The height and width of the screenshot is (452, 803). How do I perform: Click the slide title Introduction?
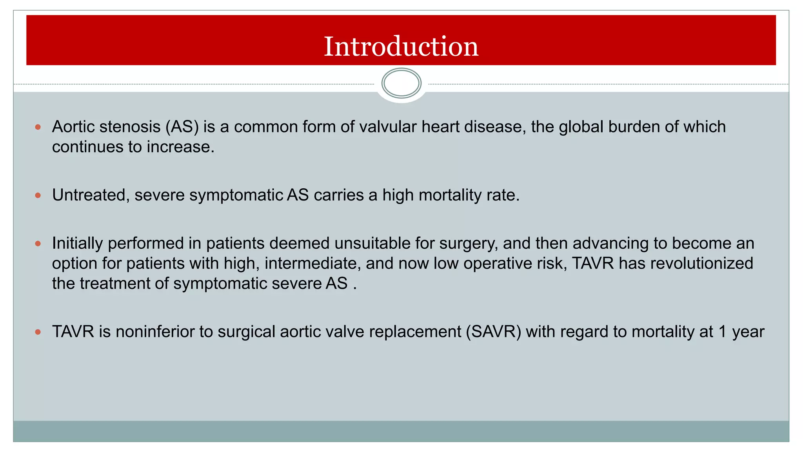click(x=401, y=46)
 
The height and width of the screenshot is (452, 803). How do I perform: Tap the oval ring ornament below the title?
click(x=401, y=83)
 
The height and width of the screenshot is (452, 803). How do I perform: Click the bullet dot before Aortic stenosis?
click(x=38, y=127)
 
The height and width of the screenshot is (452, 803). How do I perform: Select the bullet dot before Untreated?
click(x=38, y=195)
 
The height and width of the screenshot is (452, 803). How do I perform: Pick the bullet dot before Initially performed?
click(x=38, y=243)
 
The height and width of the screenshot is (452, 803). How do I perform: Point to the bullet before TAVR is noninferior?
click(x=38, y=332)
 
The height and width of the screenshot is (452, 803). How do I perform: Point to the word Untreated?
click(x=89, y=195)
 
